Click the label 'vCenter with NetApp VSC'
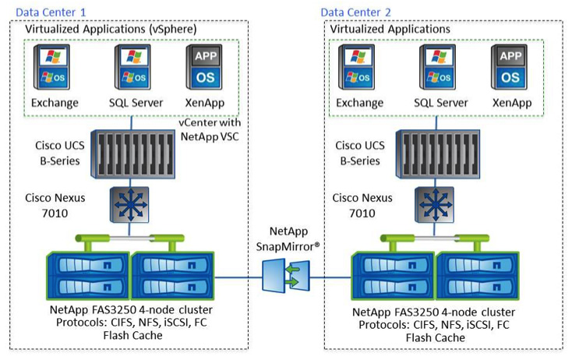click(210, 129)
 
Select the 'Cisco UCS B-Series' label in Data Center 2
click(360, 152)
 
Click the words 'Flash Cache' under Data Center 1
click(132, 336)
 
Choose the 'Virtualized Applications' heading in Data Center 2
click(390, 29)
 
